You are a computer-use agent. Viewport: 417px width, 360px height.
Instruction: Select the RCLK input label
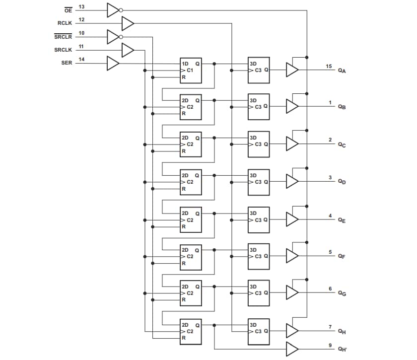66,23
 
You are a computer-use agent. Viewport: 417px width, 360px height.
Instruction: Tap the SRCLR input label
63,36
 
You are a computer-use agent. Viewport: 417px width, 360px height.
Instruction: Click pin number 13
81,6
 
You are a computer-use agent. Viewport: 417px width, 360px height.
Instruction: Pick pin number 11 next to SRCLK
81,47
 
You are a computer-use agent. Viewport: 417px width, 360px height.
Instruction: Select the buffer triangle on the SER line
113,64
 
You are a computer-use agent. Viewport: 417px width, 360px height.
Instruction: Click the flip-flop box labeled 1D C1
191,70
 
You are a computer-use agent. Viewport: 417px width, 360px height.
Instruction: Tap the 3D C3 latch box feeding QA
259,70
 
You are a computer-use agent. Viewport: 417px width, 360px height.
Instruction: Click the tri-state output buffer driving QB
292,107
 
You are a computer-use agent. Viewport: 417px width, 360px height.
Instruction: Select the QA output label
342,71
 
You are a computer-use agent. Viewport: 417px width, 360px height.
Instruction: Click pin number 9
330,346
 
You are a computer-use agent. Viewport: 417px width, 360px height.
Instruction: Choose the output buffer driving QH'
292,349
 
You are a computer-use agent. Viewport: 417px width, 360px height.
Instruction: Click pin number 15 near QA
329,66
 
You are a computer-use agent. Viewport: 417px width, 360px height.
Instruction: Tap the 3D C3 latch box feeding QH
259,331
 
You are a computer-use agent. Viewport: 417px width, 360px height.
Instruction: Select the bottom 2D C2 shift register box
191,331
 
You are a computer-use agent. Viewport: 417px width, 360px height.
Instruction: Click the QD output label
342,182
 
